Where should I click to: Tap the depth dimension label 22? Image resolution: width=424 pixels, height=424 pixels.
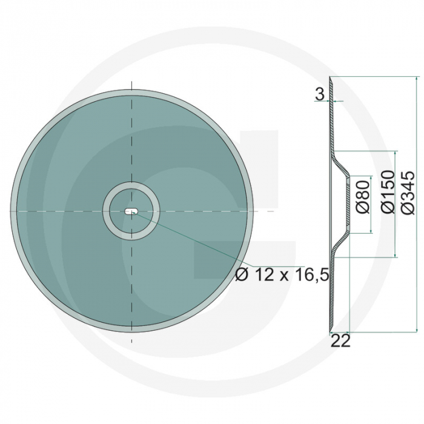[341, 341]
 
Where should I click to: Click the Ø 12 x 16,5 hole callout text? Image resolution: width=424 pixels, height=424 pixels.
[282, 275]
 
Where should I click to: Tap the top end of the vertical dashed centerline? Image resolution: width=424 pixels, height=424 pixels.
[131, 82]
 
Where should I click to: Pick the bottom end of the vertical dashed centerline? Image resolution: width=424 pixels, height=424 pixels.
[131, 342]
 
